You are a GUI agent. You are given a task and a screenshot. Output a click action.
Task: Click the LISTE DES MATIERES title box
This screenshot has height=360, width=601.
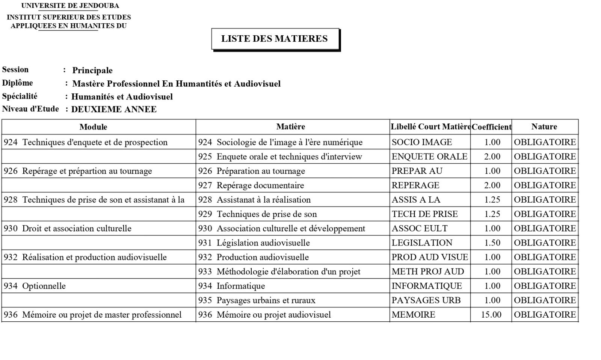(x=275, y=39)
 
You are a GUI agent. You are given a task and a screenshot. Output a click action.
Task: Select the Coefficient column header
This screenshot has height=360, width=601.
(x=491, y=127)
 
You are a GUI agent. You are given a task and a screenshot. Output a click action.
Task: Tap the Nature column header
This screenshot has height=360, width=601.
(x=544, y=127)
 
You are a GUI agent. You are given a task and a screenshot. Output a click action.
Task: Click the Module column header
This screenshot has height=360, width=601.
(x=93, y=127)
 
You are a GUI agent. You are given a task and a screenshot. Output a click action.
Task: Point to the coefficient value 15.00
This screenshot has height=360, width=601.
(x=491, y=315)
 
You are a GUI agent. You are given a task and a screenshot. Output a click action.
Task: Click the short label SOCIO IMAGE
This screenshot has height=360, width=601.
(x=421, y=142)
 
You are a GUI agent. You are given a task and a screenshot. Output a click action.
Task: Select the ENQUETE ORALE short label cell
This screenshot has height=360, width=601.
(x=429, y=157)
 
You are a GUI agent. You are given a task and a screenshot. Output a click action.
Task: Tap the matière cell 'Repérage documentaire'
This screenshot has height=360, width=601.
(x=260, y=185)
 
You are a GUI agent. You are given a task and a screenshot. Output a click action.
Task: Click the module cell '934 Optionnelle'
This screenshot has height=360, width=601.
(x=35, y=286)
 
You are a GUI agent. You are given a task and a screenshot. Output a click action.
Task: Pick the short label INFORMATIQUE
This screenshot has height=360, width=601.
(x=427, y=286)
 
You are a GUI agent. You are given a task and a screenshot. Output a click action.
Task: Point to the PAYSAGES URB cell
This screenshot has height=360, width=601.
(x=426, y=300)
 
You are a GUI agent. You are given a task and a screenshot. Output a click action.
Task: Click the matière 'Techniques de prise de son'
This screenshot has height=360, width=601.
(x=266, y=214)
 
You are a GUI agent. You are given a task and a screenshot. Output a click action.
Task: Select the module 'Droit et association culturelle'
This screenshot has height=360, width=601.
(x=76, y=229)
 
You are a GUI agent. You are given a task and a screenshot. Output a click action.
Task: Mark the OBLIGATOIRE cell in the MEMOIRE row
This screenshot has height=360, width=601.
(x=545, y=315)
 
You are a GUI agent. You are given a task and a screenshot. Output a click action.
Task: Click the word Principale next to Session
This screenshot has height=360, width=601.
(x=92, y=71)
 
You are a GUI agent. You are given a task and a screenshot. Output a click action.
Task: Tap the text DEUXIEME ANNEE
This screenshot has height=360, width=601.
(x=114, y=110)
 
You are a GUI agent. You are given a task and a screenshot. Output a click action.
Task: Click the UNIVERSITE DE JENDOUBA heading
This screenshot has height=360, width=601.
(x=70, y=6)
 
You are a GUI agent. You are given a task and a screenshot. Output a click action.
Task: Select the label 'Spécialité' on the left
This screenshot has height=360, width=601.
(x=20, y=96)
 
